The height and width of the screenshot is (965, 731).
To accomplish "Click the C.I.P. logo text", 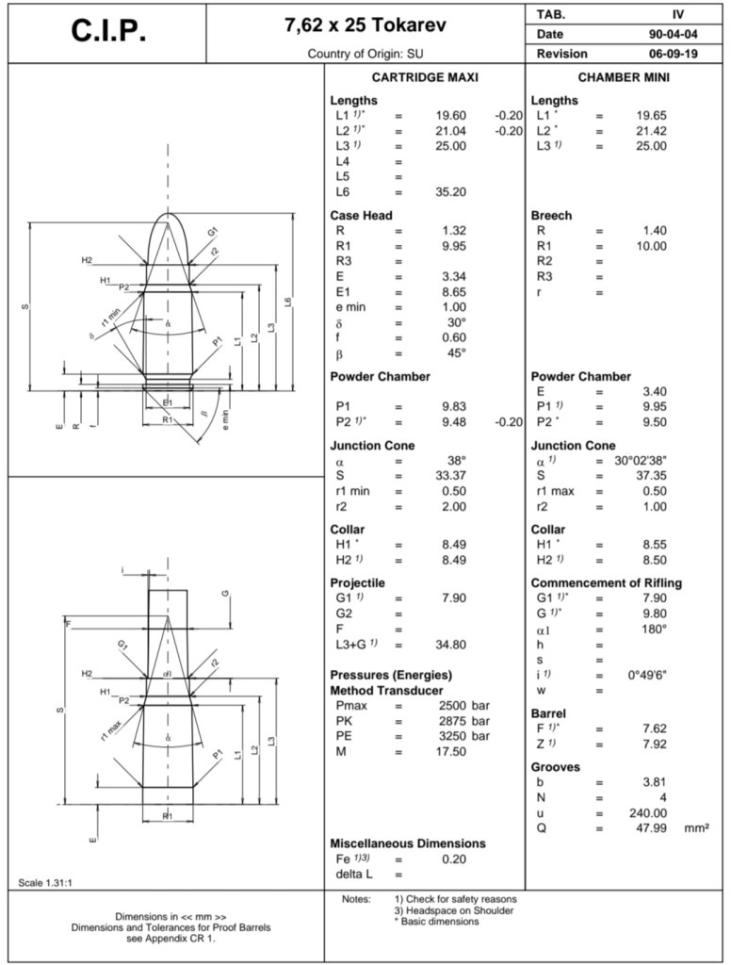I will click(108, 32).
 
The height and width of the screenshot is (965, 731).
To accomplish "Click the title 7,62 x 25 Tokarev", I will click(365, 25).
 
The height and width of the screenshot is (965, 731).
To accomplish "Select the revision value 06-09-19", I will click(673, 54).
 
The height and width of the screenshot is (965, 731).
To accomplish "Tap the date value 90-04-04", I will click(673, 34).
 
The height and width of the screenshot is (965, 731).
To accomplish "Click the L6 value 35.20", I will click(450, 191).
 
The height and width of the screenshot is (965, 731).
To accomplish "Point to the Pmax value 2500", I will click(454, 706).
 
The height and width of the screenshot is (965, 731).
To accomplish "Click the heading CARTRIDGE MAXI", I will click(425, 77).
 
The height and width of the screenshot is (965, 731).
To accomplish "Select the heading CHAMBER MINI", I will click(624, 77).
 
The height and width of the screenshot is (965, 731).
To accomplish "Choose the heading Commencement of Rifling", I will click(607, 582).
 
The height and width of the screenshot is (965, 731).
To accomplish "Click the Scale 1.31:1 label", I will click(47, 882).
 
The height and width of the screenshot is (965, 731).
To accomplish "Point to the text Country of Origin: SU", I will click(365, 54).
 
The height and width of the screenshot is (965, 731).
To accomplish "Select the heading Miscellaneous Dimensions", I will click(408, 842).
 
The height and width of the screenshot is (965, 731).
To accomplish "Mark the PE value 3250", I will click(454, 736).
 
